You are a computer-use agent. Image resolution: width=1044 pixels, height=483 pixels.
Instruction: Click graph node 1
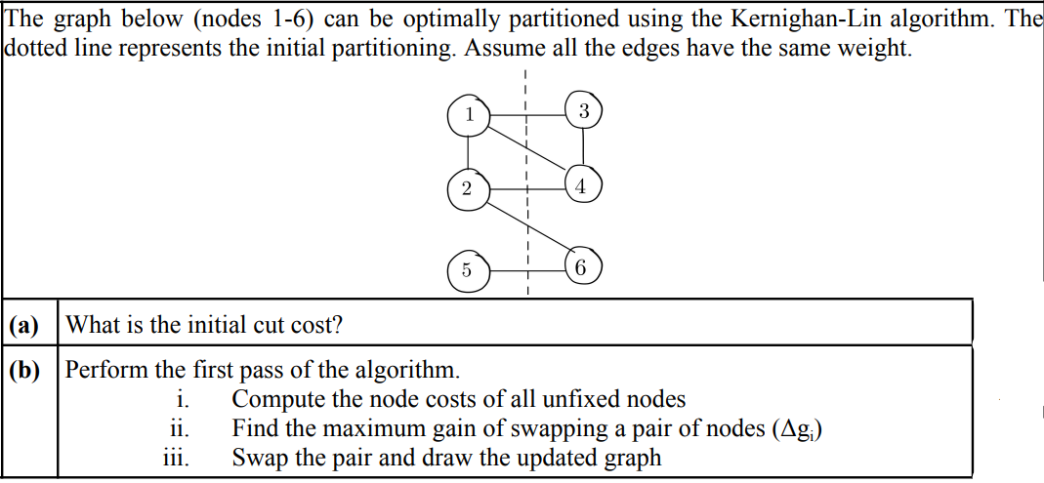point(468,115)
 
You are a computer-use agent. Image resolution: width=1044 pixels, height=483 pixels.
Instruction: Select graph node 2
point(467,187)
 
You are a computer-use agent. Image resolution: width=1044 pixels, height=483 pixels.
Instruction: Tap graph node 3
point(584,111)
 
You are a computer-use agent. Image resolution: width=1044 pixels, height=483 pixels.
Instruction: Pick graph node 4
point(582,185)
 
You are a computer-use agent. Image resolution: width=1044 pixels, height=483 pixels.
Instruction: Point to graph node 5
point(466,270)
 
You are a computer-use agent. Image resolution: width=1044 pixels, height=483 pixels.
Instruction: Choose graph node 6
point(582,266)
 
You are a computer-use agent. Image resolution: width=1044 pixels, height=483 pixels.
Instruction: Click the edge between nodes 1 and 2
point(468,151)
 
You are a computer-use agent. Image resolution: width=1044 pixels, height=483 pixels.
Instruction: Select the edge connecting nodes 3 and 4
point(584,148)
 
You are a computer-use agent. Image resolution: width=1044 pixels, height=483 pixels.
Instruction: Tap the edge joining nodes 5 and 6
point(524,267)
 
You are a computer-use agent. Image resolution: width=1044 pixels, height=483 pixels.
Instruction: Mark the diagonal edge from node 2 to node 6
point(527,227)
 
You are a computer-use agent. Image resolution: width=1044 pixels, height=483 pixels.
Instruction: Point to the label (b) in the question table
point(23,371)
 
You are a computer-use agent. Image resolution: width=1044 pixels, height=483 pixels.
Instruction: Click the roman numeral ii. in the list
point(178,428)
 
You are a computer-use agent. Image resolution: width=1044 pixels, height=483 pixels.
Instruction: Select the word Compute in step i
point(276,400)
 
